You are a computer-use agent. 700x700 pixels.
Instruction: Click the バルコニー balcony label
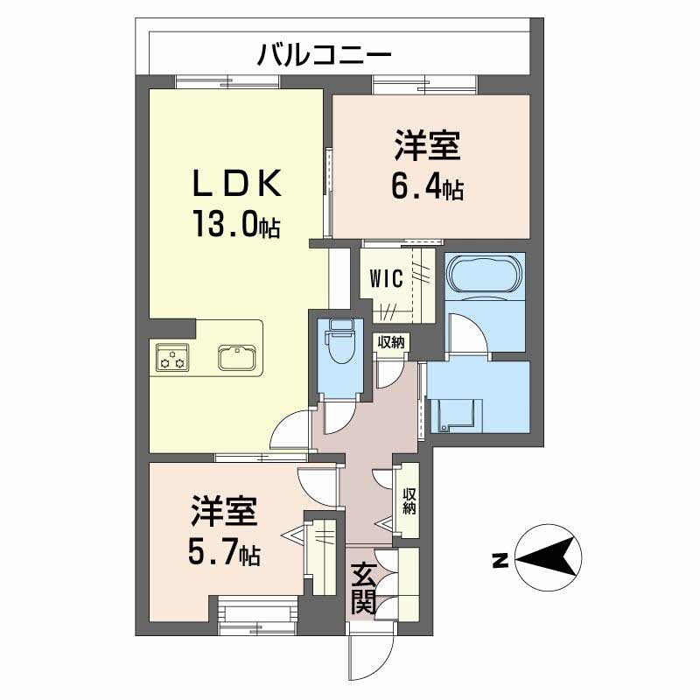click(324, 55)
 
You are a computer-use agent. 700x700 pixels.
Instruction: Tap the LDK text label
click(237, 183)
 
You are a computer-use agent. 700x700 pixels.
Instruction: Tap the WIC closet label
click(387, 279)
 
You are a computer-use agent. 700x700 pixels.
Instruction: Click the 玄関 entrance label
click(362, 589)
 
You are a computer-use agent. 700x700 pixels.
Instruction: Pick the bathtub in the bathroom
click(486, 273)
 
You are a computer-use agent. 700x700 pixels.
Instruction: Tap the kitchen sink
click(237, 358)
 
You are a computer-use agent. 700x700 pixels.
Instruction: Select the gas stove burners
click(172, 357)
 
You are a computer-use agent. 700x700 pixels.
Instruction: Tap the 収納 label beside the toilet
click(391, 342)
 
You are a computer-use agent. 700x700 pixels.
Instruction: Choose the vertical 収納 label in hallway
click(409, 501)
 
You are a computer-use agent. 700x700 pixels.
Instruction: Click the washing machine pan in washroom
click(456, 415)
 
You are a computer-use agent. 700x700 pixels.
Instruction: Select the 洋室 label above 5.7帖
click(224, 510)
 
